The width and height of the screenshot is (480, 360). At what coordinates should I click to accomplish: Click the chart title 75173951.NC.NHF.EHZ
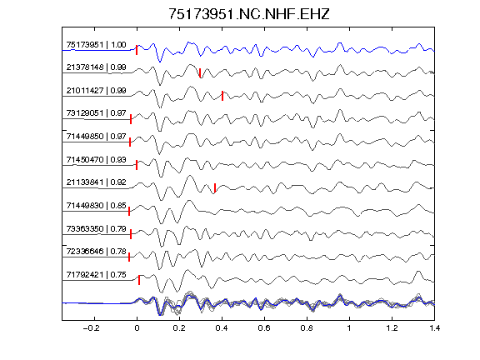tap(249, 14)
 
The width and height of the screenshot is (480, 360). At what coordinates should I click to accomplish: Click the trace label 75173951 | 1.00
tap(96, 45)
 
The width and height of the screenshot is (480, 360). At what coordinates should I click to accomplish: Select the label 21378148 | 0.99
tap(96, 67)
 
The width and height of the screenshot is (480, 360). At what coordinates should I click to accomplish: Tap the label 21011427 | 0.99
tap(96, 91)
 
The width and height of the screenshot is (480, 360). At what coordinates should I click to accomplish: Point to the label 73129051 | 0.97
tap(96, 113)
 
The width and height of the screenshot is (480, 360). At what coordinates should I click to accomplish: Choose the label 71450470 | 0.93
tap(96, 159)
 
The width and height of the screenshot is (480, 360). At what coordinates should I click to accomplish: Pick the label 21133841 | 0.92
tap(96, 182)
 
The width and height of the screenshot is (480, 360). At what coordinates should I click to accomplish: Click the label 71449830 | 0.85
tap(96, 205)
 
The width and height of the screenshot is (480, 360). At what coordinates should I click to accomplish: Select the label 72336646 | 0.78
tap(96, 252)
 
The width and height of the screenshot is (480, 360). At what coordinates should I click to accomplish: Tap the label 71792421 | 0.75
tap(96, 275)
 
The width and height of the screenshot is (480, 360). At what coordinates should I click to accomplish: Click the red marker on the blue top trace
tap(137, 50)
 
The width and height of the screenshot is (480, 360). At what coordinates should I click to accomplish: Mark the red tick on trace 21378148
tap(200, 72)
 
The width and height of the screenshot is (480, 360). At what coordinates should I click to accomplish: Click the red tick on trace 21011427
tap(222, 96)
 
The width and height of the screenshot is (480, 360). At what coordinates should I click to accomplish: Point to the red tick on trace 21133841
tap(215, 188)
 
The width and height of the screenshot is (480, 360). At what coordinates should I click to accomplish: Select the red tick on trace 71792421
tap(139, 280)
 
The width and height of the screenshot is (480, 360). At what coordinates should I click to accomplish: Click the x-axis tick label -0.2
tap(92, 328)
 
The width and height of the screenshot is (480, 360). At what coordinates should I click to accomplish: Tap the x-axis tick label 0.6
tap(264, 328)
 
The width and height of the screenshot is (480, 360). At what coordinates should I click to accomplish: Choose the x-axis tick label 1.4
tap(434, 328)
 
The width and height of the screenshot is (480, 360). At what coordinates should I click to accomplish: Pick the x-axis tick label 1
tap(349, 328)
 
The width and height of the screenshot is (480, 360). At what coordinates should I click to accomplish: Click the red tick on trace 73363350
tap(131, 234)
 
